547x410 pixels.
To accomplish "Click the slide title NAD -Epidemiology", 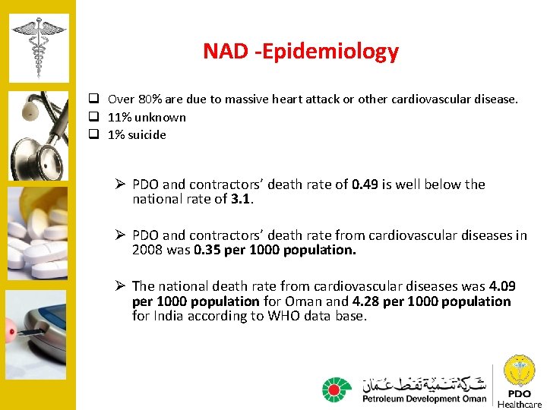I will point(300,52).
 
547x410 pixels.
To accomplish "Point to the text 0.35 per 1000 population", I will point(275,251).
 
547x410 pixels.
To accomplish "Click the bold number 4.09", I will point(502,286).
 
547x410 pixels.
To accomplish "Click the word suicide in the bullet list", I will point(147,135).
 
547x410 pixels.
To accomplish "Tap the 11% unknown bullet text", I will point(147,117).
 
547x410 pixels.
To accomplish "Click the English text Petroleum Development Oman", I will point(424,398).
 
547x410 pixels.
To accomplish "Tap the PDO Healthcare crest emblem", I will point(520,371).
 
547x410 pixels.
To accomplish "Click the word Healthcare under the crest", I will point(520,404).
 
